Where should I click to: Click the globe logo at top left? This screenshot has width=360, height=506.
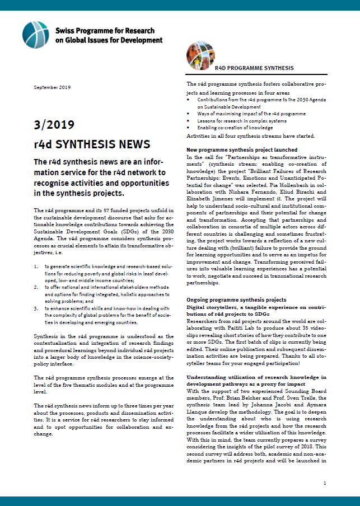35,34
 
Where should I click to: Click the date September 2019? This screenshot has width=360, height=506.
52,88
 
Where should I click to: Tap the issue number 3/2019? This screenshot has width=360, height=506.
54,124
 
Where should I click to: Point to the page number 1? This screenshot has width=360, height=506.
324,482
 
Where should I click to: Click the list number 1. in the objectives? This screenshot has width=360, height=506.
36,252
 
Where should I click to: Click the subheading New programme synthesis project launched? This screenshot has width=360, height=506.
241,151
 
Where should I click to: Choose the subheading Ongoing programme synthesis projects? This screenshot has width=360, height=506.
236,300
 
